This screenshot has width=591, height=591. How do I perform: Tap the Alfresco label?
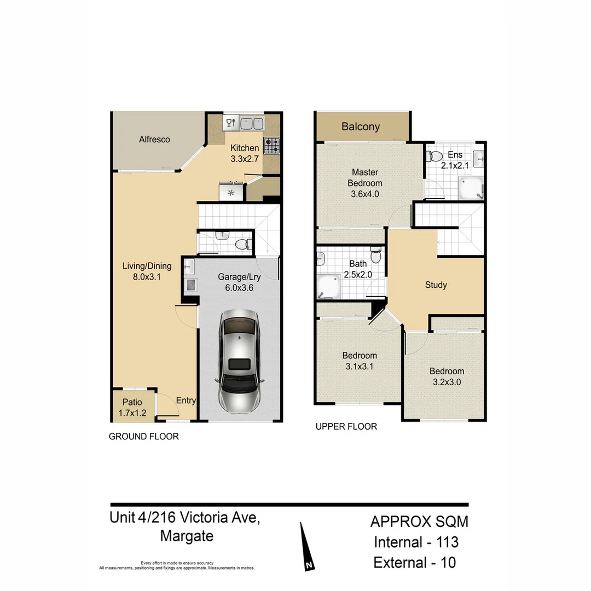(x=154, y=140)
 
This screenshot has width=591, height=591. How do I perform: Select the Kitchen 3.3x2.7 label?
(x=244, y=154)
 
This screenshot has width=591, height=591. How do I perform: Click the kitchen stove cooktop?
(x=272, y=146)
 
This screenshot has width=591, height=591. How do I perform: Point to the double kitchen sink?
(x=252, y=123)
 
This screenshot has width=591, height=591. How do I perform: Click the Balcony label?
(x=361, y=127)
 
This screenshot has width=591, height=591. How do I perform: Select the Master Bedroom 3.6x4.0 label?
(x=365, y=183)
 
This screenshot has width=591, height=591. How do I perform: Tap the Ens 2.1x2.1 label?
(x=455, y=160)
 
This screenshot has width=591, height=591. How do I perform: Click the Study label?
(x=436, y=285)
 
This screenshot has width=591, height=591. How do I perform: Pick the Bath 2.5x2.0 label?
(x=358, y=269)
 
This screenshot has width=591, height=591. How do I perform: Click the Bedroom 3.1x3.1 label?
(x=360, y=361)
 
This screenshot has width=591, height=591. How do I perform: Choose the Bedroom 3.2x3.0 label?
(x=447, y=376)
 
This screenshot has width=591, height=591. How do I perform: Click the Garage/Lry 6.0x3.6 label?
(x=239, y=282)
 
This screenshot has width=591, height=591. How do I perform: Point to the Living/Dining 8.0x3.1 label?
(x=146, y=271)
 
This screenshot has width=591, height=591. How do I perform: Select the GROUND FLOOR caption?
(x=144, y=437)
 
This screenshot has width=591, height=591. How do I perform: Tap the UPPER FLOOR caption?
(x=346, y=426)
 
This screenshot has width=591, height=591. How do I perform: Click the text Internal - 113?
(x=416, y=542)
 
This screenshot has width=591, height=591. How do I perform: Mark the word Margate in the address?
(x=187, y=536)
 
